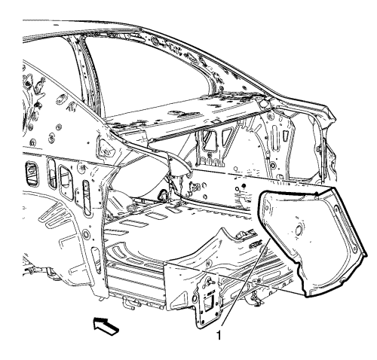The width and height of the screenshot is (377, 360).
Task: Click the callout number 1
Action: [219, 335]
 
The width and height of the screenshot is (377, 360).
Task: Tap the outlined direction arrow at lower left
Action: [106, 325]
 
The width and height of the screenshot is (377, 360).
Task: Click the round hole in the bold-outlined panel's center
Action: [299, 230]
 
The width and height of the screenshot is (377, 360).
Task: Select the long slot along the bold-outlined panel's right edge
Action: [345, 225]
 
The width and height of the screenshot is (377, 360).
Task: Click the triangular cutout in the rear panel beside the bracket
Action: [181, 297]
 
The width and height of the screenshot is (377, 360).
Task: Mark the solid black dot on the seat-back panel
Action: [243, 186]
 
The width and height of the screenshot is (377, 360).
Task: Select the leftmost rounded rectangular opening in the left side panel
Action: [32, 172]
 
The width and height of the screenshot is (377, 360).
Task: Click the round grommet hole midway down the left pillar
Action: [86, 234]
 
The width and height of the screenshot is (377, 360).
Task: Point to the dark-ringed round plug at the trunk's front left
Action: [163, 194]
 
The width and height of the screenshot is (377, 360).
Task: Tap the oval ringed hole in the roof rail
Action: [155, 40]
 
